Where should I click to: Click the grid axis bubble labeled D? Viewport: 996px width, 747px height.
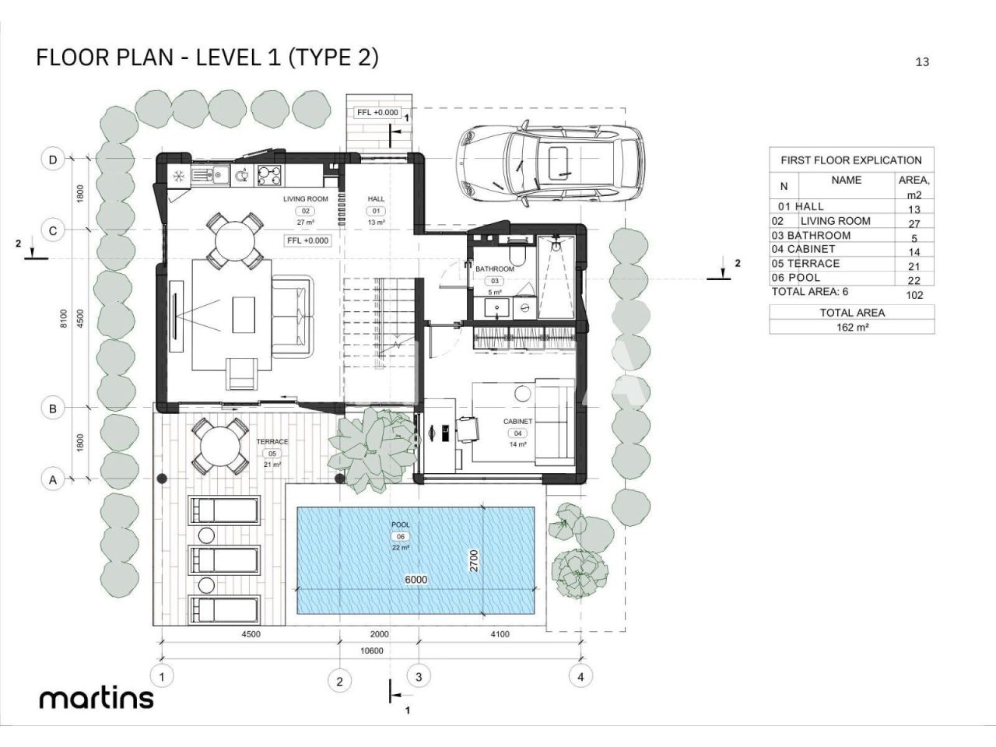click(53, 160)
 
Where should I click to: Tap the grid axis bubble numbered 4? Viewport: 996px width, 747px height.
click(580, 677)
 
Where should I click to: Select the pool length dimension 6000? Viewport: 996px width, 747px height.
click(416, 580)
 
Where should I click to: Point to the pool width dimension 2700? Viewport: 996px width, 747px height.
click(474, 560)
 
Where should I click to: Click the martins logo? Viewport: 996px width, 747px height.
click(96, 699)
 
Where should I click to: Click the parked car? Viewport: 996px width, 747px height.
click(549, 163)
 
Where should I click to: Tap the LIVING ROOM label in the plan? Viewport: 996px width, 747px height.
click(305, 198)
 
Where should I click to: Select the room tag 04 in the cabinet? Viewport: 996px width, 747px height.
click(517, 433)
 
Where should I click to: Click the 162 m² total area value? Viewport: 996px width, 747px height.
click(852, 327)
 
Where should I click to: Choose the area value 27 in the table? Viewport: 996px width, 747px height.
click(914, 223)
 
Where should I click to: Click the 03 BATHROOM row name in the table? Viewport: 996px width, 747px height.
click(811, 236)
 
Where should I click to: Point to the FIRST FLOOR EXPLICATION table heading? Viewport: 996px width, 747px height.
click(851, 160)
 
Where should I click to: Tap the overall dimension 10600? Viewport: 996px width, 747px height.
click(372, 651)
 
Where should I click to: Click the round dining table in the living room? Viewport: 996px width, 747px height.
click(234, 240)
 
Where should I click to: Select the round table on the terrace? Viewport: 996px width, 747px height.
click(219, 447)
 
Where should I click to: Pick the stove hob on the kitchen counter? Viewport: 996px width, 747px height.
click(269, 175)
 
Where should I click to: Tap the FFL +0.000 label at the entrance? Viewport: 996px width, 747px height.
click(377, 113)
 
